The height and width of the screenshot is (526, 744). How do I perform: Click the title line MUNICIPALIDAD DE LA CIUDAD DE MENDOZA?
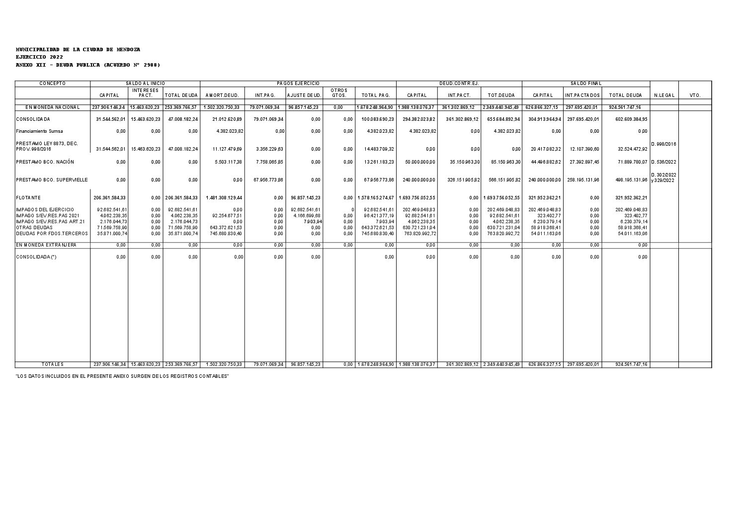point(78,50)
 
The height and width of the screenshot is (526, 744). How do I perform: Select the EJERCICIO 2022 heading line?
point(39,57)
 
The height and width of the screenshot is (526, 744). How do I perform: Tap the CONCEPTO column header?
point(53,84)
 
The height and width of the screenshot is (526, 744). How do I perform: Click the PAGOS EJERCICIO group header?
point(298,84)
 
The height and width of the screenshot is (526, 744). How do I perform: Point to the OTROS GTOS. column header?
point(338,92)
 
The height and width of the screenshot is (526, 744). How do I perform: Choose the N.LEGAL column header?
point(664,95)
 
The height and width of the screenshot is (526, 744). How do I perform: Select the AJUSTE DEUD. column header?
point(304,95)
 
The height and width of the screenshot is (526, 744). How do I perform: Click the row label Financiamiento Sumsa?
point(39,131)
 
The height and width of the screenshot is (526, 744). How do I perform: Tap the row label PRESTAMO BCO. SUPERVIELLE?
point(52,179)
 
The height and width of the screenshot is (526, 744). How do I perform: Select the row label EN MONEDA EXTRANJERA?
point(46,245)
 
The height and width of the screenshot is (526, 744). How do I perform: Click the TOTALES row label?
point(53,364)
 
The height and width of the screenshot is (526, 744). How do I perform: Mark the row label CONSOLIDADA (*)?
point(36,257)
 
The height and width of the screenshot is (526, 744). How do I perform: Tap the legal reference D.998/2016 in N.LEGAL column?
point(663,144)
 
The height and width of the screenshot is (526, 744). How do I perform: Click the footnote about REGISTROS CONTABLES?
point(122,376)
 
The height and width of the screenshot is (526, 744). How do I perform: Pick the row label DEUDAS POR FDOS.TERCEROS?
point(52,233)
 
